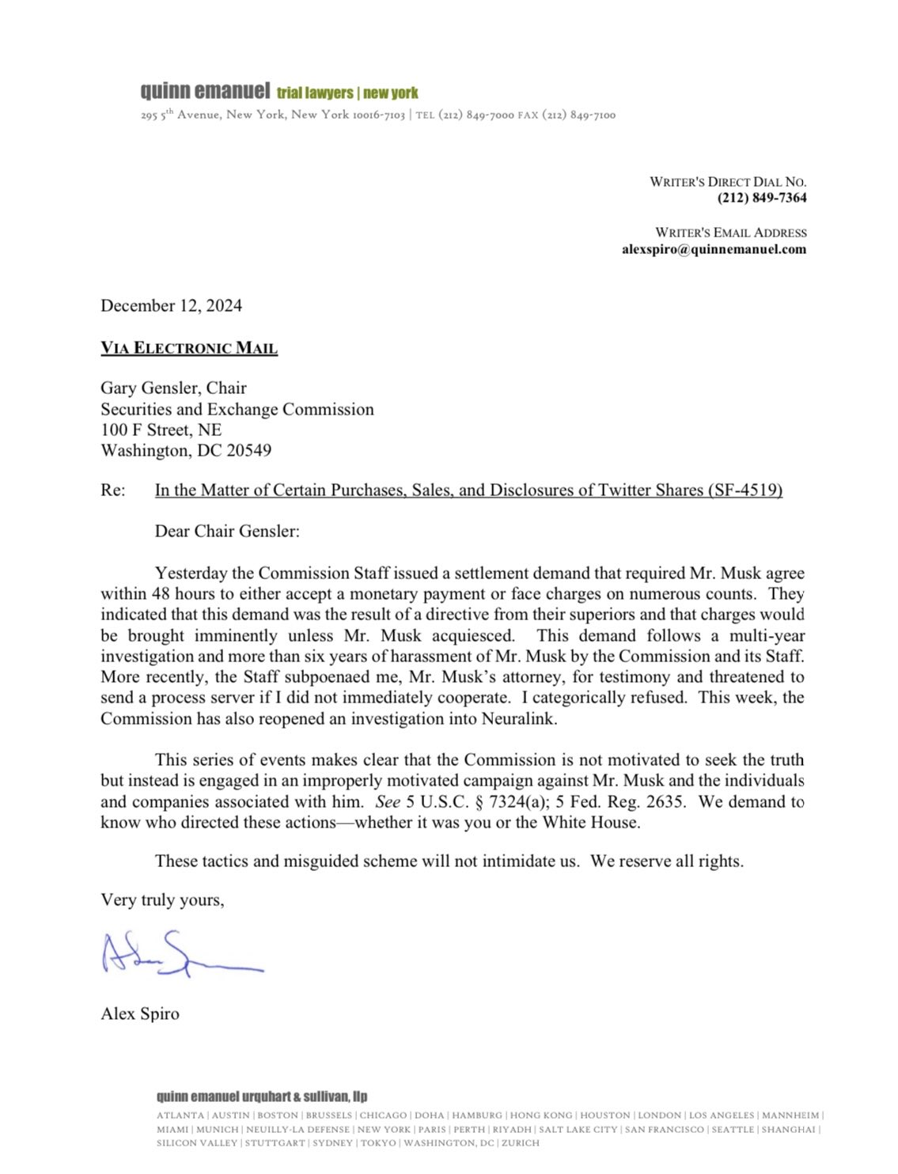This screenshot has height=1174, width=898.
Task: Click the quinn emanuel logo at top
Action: [205, 91]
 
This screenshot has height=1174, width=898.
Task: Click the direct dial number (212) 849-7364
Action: [762, 198]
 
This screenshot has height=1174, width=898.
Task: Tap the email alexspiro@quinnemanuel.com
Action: [714, 249]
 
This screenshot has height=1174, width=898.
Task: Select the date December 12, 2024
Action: [171, 306]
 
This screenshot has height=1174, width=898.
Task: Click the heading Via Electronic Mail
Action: [189, 348]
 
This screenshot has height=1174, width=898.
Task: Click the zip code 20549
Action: [248, 451]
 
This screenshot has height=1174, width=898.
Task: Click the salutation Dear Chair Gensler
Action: [227, 532]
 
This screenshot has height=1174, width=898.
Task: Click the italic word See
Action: [388, 801]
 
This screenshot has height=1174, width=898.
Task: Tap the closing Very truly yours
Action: [162, 900]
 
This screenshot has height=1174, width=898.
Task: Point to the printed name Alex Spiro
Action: [140, 1014]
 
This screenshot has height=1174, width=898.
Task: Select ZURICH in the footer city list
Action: [520, 1143]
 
